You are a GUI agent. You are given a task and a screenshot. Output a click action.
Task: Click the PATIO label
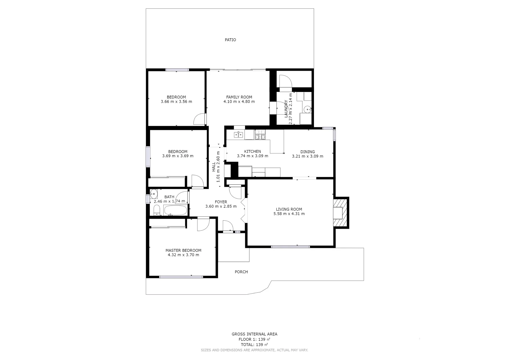pos(230,40)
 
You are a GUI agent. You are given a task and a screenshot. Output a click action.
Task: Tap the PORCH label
pos(241,272)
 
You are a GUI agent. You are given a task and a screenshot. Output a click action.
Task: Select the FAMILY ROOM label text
pos(239,97)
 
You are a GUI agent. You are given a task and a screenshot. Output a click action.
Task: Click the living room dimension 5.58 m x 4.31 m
pos(289,214)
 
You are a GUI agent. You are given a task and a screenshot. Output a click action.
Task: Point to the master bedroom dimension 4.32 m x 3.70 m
pos(183,255)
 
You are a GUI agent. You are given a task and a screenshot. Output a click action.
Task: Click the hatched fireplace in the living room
pos(341,213)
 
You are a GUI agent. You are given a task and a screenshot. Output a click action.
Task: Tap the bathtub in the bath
pos(175,210)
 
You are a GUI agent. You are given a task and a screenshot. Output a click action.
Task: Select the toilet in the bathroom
pos(157,210)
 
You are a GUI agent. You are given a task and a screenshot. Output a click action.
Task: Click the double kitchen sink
pos(238,135)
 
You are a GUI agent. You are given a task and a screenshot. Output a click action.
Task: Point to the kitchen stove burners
pos(260,135)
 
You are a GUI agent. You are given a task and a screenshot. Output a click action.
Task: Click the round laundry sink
pos(308,108)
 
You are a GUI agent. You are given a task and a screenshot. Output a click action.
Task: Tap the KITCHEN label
pos(252,152)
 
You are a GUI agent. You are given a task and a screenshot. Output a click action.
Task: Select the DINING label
pos(307,152)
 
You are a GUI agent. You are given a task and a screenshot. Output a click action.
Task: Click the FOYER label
pos(221,202)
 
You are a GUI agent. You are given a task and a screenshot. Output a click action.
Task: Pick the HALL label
pos(214,167)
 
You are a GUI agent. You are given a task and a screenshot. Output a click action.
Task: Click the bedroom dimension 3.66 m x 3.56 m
pos(176,102)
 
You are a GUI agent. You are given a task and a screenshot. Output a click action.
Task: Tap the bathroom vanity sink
pos(153,193)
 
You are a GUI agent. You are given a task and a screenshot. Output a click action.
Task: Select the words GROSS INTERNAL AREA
pos(254,334)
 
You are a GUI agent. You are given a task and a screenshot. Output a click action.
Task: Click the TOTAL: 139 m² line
pos(254,345)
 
